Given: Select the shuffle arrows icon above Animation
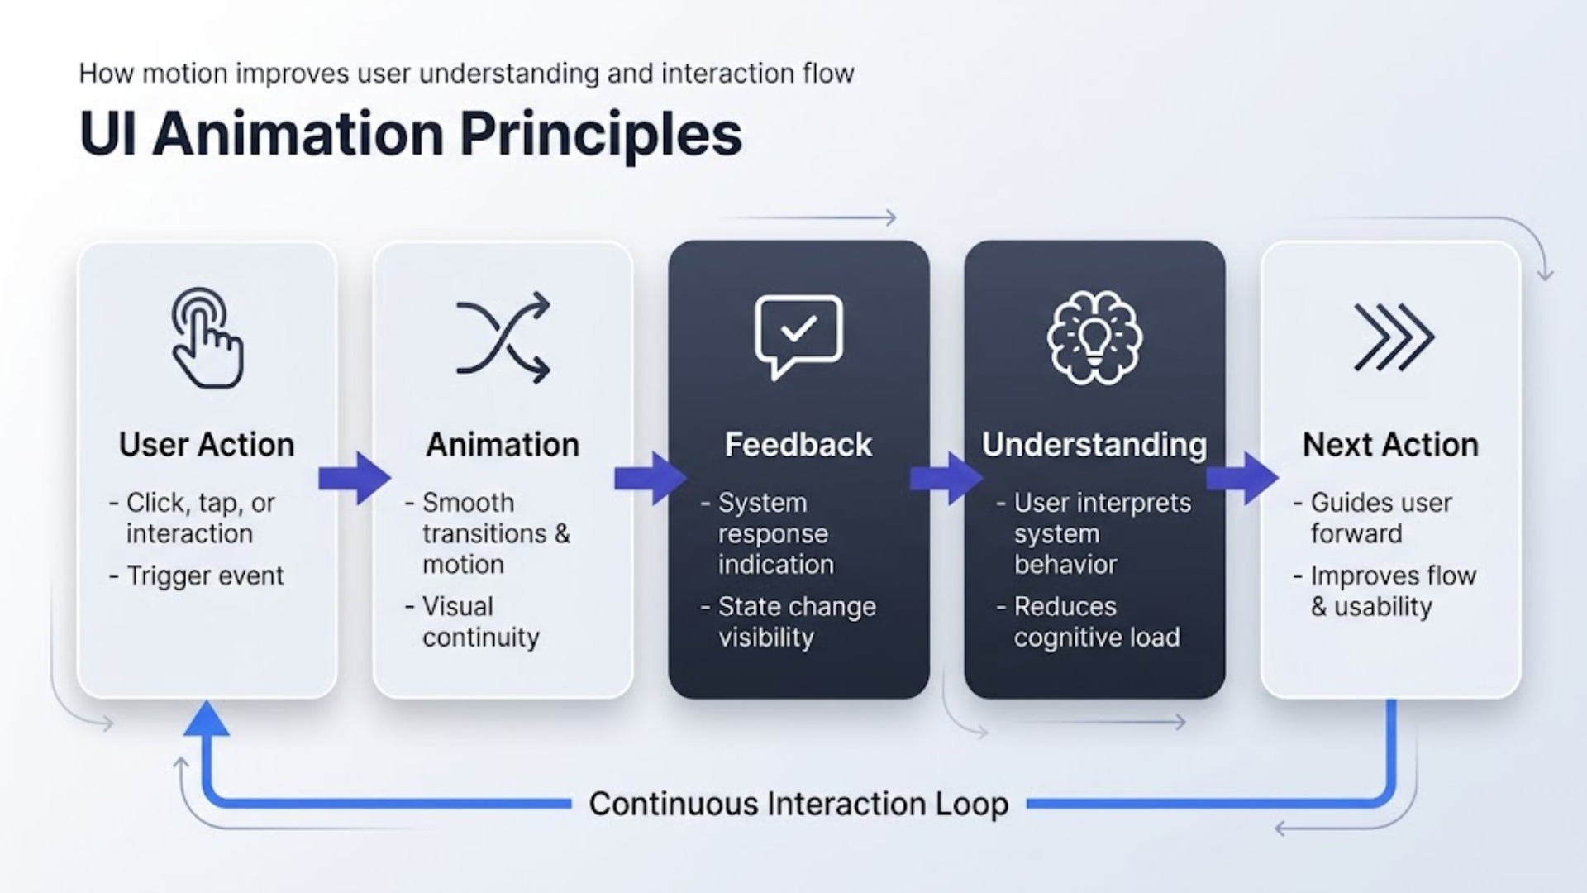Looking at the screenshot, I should [503, 337].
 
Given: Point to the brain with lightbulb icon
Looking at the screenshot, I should [1094, 337].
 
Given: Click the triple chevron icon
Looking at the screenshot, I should [1394, 337].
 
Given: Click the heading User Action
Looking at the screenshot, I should [207, 445].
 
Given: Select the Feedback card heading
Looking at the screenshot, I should [798, 445].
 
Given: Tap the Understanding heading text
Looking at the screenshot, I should [1094, 445].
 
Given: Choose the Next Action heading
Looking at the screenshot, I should [1390, 445].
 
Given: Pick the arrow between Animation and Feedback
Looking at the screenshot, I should [651, 478].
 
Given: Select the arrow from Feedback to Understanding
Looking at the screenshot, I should [946, 478].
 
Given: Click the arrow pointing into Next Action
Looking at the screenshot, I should [1242, 478].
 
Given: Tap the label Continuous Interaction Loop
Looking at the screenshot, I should [798, 804].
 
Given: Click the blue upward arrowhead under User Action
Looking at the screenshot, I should [207, 719].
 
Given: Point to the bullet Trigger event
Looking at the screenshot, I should [205, 575].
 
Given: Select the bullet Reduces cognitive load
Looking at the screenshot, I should [1096, 622].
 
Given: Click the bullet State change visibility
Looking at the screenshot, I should [797, 622].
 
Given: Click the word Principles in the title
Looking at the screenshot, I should [601, 134].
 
